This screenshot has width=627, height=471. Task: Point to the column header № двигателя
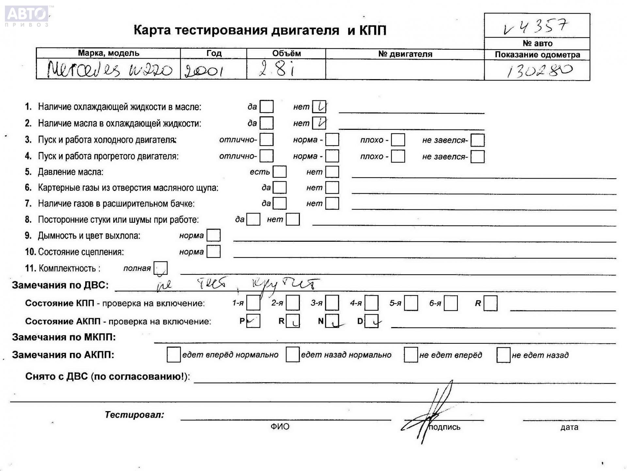coord(405,54)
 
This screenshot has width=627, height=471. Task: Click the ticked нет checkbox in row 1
coord(319,107)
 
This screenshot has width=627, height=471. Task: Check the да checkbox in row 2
coord(266,123)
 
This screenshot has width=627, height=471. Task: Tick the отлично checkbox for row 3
coord(266,140)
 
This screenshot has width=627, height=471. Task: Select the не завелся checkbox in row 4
coord(477,156)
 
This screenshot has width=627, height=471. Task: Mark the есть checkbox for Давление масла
coord(280,172)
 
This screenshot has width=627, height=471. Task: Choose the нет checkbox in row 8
coord(293,219)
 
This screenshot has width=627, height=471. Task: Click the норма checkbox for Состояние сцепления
coord(214,252)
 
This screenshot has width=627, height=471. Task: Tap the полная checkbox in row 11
coord(160,268)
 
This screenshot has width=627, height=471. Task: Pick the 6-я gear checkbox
coord(451,303)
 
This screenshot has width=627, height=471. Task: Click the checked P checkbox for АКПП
coord(253,321)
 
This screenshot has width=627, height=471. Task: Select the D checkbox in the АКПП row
coord(371,321)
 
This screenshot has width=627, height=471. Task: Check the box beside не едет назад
coord(503,355)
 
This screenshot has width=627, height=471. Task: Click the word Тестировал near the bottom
coord(134,415)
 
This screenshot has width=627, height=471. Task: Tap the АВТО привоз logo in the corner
coord(27,16)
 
